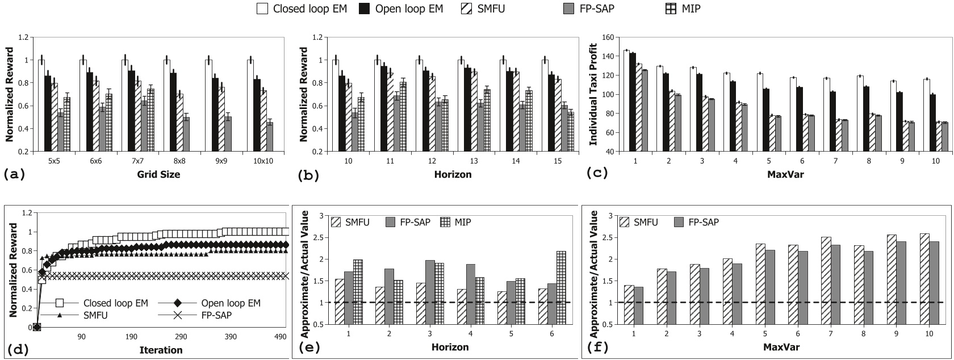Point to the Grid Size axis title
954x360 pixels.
pyautogui.click(x=158, y=174)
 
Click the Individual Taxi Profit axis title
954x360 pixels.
pyautogui.click(x=593, y=94)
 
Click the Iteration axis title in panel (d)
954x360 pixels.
pyautogui.click(x=161, y=350)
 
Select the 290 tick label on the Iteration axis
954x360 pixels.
pyautogui.click(x=181, y=337)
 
